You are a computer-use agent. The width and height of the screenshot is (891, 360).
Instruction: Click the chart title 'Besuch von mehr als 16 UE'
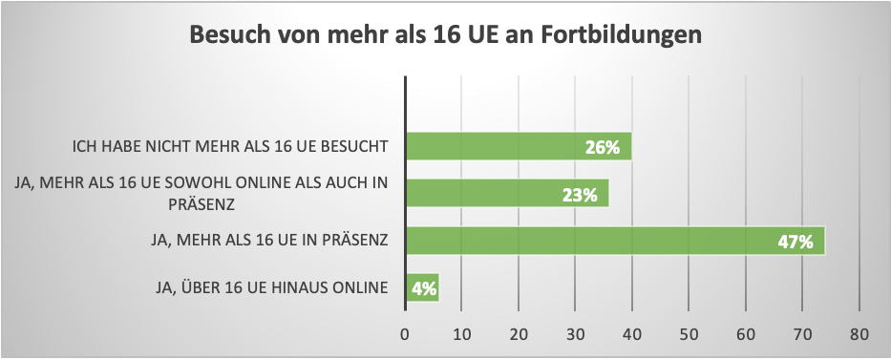point(445,35)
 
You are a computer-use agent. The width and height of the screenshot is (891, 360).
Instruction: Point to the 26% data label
point(603,148)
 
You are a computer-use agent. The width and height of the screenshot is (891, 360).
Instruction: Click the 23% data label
point(580,195)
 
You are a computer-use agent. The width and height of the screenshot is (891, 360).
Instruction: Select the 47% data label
point(795,242)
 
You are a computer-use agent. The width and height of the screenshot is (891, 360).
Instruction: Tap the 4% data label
point(421,288)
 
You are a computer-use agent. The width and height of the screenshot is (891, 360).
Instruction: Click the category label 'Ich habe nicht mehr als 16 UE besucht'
point(231,147)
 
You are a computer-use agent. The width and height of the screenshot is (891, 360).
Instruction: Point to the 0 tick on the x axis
point(405,334)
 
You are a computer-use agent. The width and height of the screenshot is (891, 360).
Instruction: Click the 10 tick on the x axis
point(461,334)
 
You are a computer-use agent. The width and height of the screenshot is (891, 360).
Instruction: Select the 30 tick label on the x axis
point(576,334)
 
